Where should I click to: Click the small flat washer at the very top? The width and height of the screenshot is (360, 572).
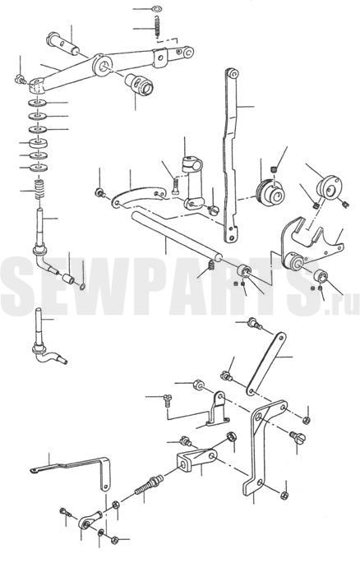click(x=157, y=8)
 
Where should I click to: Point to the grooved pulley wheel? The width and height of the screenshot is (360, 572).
click(x=270, y=192)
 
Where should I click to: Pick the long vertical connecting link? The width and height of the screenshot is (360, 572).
click(x=230, y=153)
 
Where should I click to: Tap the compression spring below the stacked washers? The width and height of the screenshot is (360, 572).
click(x=39, y=188)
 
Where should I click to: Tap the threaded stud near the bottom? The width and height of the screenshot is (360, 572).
click(x=148, y=485)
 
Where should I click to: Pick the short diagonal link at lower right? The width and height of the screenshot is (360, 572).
click(x=266, y=364)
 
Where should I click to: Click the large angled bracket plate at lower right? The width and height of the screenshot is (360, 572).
click(x=264, y=446)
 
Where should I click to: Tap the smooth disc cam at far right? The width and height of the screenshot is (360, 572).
click(x=329, y=187)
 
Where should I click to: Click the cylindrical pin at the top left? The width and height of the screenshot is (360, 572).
click(x=62, y=43)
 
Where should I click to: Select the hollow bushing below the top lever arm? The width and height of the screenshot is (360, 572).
click(x=140, y=85)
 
